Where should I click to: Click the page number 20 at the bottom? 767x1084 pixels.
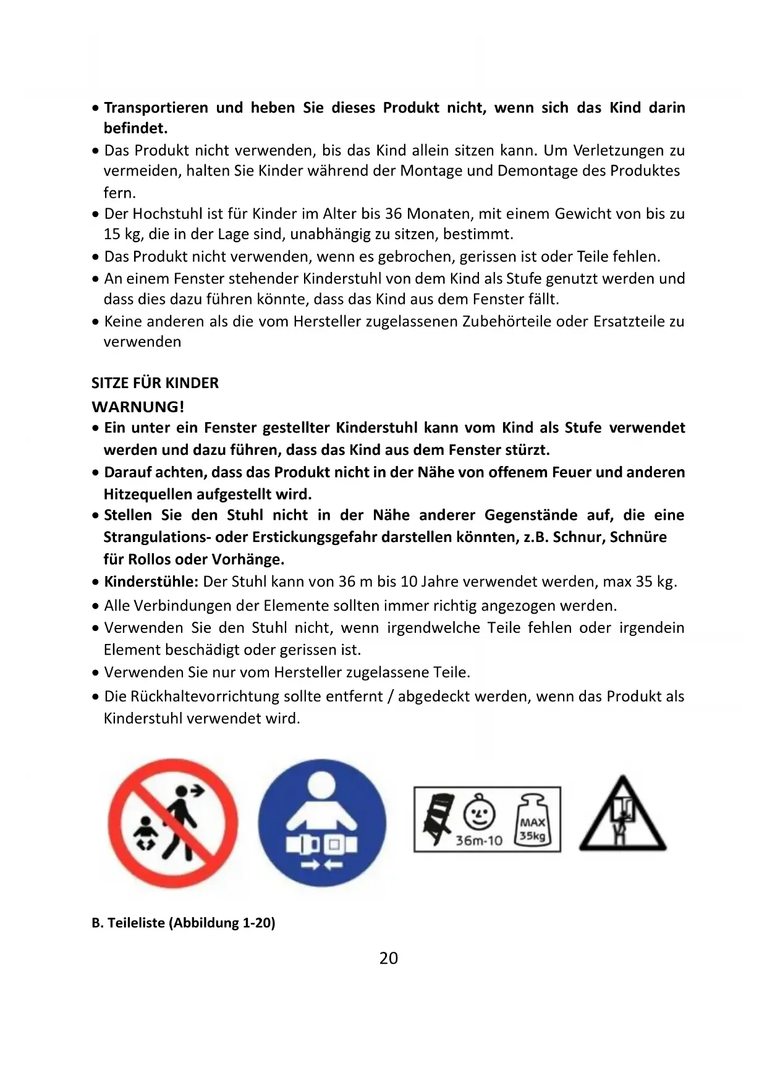(x=389, y=958)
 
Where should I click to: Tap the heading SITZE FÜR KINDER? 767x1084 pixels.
(x=155, y=383)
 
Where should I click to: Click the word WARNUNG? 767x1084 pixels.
(x=138, y=407)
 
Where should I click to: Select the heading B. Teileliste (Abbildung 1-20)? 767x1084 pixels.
(x=184, y=923)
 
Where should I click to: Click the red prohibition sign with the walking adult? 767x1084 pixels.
(x=173, y=823)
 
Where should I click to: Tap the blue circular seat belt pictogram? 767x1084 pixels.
(x=321, y=823)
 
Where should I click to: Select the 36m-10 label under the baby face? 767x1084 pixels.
(x=478, y=841)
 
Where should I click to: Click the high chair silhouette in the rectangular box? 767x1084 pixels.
(x=438, y=819)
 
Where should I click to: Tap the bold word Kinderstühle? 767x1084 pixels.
(x=151, y=582)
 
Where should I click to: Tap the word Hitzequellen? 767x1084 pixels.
(x=148, y=494)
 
